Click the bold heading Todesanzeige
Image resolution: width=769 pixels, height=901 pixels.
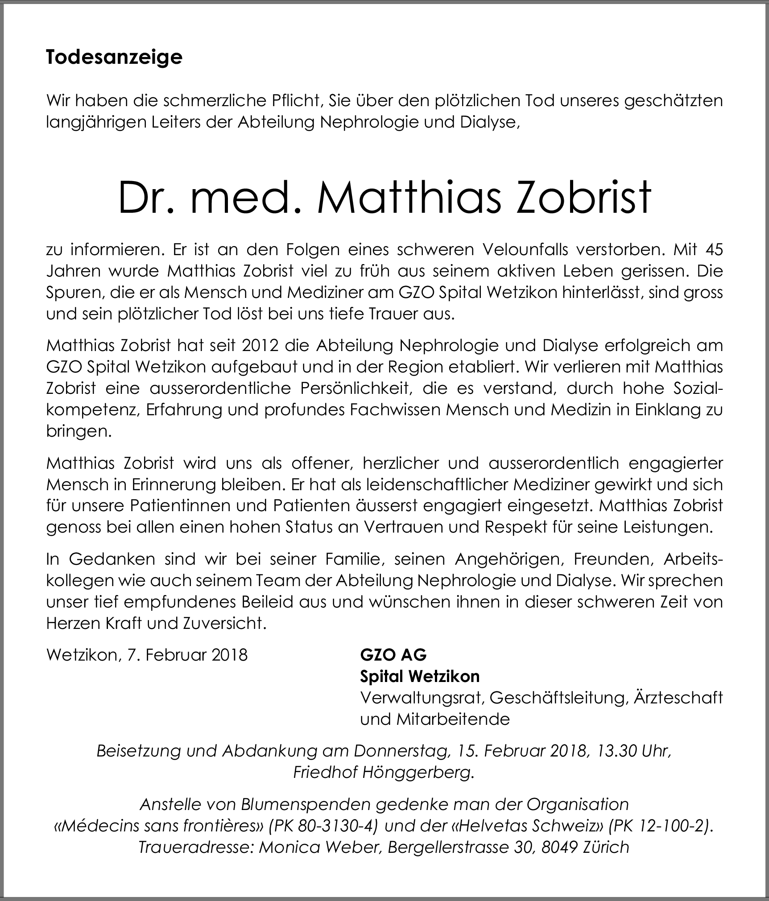[114, 58]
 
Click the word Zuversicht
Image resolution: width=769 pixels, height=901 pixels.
[224, 623]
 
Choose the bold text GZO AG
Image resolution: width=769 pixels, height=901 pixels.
[393, 655]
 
